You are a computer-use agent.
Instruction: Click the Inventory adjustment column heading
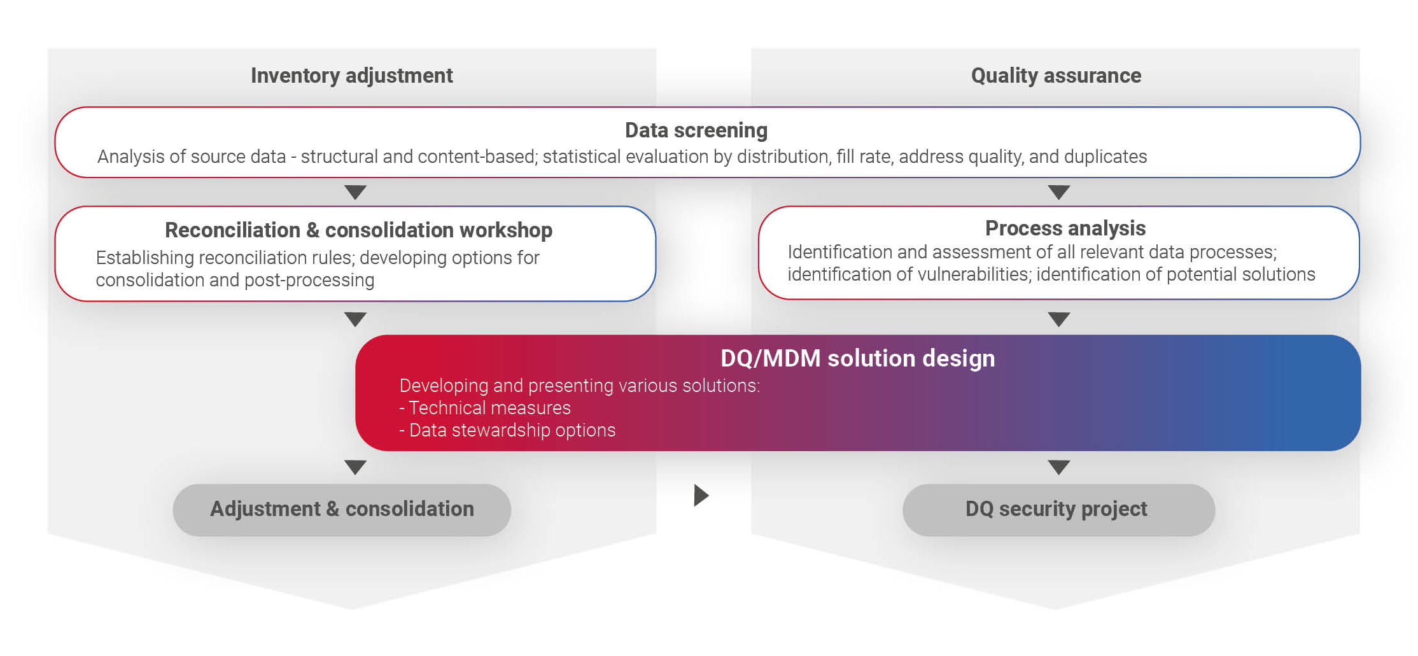point(351,76)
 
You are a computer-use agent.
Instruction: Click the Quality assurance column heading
point(1056,76)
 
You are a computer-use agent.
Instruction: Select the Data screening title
point(696,130)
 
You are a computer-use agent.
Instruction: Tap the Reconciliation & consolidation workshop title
point(358,230)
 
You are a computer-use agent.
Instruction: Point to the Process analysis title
point(1065,228)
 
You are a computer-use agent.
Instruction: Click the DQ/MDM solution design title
point(857,359)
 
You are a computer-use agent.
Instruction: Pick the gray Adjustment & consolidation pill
point(342,510)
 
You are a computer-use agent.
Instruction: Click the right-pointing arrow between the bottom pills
point(701,495)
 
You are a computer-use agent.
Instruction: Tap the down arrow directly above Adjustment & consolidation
point(355,467)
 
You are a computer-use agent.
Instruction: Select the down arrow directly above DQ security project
point(1058,467)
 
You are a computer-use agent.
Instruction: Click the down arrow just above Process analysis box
point(1058,192)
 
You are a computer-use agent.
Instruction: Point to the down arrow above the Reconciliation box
point(355,192)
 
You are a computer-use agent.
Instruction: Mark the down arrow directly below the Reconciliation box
point(355,319)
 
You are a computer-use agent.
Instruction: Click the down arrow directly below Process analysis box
point(1058,319)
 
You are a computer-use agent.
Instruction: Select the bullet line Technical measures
point(485,408)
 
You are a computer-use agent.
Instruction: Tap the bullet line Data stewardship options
point(507,430)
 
